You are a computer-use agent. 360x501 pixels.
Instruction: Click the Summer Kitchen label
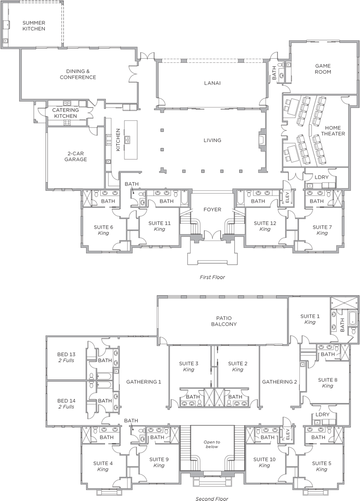[34, 26]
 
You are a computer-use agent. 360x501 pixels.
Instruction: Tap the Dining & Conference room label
[77, 74]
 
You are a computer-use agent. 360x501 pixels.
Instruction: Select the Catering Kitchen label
[65, 113]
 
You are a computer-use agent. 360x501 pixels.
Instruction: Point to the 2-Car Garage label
[76, 156]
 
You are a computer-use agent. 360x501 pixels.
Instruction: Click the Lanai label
[212, 83]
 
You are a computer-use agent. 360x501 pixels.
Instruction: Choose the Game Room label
[323, 69]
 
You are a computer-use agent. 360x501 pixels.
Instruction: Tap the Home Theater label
[333, 131]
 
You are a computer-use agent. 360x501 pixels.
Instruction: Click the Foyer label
[212, 210]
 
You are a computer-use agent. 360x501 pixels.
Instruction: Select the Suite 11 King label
[159, 226]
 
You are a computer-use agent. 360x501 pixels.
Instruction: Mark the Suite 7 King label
[322, 230]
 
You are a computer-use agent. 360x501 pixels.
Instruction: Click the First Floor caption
[212, 277]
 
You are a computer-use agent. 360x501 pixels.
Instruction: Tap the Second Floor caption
[212, 498]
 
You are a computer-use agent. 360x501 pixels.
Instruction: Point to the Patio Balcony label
[226, 321]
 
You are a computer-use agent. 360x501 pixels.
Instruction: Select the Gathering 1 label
[144, 382]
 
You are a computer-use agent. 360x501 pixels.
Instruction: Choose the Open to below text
[212, 444]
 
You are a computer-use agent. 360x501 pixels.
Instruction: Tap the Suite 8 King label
[328, 383]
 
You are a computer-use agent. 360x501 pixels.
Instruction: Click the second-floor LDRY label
[322, 414]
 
